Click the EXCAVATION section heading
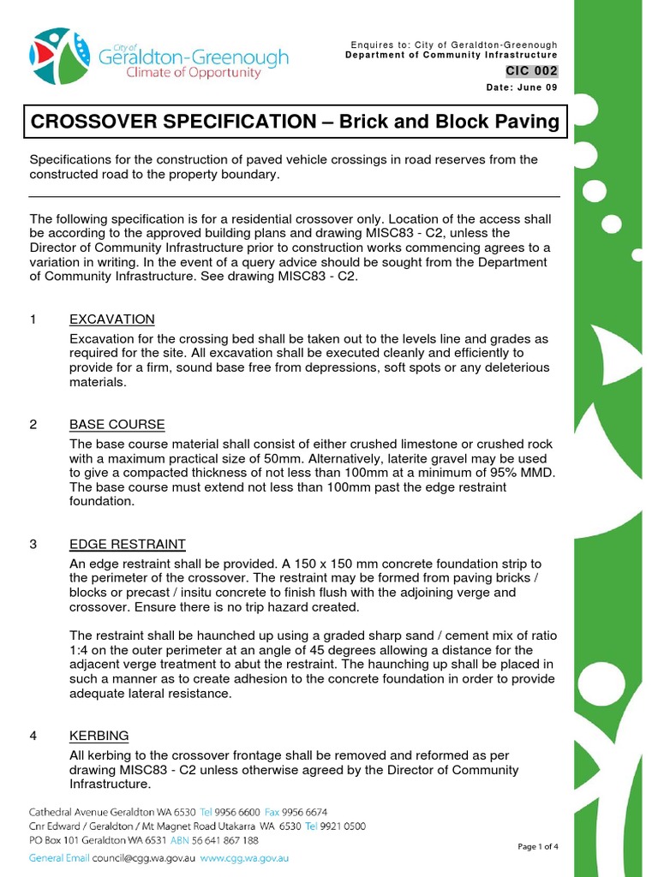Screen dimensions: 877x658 112,319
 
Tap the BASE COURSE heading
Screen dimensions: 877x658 117,425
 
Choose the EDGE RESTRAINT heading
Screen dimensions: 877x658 128,545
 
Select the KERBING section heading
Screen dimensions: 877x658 99,736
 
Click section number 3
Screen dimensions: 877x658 33,545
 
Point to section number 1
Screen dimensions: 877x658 33,319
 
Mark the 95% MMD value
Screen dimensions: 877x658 523,473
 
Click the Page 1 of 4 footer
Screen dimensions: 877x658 538,847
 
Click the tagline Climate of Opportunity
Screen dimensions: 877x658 194,74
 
